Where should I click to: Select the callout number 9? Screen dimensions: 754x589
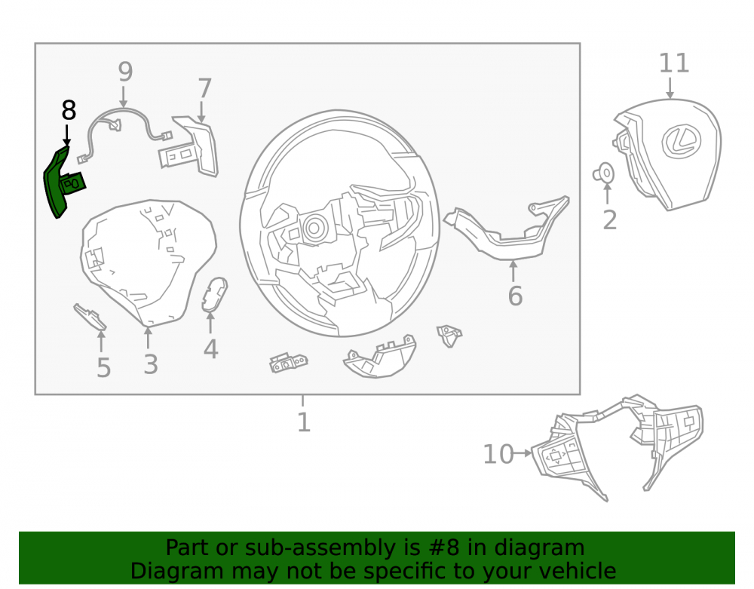point(125,72)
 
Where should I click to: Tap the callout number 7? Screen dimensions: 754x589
point(205,88)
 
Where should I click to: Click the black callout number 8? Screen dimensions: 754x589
point(69,111)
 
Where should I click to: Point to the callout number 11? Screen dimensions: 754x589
point(673,63)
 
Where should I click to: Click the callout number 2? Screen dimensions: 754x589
point(610,220)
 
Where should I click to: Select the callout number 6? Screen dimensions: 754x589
point(515,296)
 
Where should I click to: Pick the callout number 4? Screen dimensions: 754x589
point(210,349)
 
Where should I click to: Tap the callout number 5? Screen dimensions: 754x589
point(104,368)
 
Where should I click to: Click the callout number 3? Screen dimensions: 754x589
point(151,364)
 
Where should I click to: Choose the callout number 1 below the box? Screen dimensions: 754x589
point(303,422)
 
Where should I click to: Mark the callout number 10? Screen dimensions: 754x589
point(498,454)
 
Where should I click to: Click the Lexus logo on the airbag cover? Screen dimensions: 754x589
point(681,141)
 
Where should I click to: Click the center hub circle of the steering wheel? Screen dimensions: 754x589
point(314,228)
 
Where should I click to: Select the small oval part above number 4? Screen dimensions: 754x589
point(214,294)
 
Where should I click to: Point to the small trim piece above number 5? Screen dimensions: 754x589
point(90,317)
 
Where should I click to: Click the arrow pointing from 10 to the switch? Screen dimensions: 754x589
point(523,453)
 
